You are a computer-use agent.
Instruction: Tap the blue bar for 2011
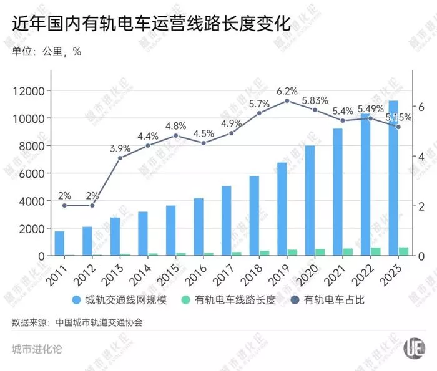(x=59, y=243)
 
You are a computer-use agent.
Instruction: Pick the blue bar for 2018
(x=254, y=216)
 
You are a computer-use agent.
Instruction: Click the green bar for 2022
(x=375, y=251)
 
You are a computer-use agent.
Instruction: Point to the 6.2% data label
(x=287, y=90)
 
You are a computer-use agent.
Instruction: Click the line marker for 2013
(x=120, y=157)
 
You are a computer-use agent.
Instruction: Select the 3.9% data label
(x=120, y=148)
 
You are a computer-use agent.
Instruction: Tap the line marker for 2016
(x=203, y=143)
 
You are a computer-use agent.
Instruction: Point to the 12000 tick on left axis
(x=29, y=91)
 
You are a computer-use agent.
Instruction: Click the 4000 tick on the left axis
(x=32, y=201)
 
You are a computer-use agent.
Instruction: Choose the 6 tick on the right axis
(x=421, y=107)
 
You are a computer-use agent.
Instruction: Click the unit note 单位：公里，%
(x=47, y=51)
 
